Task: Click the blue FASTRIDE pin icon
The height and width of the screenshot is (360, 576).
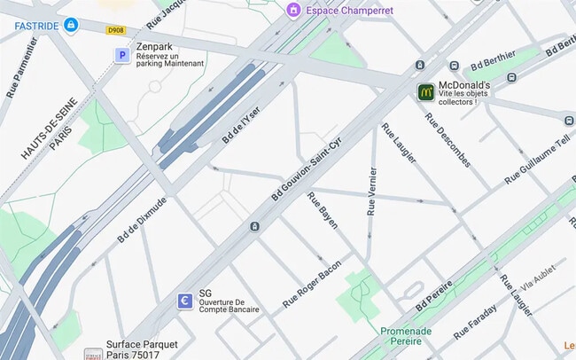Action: point(70,25)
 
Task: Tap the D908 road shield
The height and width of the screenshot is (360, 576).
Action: point(115,30)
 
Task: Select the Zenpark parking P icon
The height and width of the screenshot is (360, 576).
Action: point(122,55)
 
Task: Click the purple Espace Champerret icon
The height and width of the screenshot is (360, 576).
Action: point(292,10)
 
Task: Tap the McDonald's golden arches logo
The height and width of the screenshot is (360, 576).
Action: point(426,91)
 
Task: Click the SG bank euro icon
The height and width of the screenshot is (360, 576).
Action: point(184,301)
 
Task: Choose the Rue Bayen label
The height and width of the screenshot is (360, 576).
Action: point(323,209)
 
